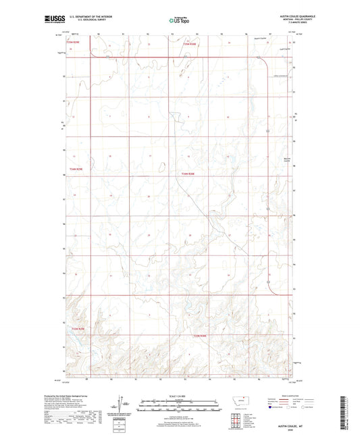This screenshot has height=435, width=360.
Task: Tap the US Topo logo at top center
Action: tap(179, 20)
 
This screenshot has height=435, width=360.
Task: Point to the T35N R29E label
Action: tap(74, 43)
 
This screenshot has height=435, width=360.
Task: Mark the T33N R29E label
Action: tap(80, 329)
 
